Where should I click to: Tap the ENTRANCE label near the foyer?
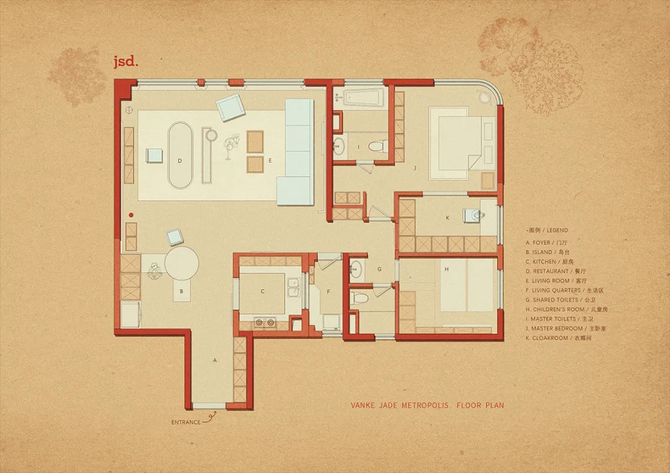click(x=185, y=422)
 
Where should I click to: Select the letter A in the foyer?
click(x=215, y=360)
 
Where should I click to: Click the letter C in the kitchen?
click(x=262, y=290)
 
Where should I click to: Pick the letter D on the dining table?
click(x=179, y=160)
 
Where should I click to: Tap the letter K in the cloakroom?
click(x=447, y=217)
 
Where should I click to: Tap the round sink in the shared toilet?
click(x=356, y=268)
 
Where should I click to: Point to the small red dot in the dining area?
click(x=132, y=214)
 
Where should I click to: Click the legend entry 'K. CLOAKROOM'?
click(x=556, y=338)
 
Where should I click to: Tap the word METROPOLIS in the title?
click(x=426, y=407)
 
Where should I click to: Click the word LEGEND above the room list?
click(x=557, y=230)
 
